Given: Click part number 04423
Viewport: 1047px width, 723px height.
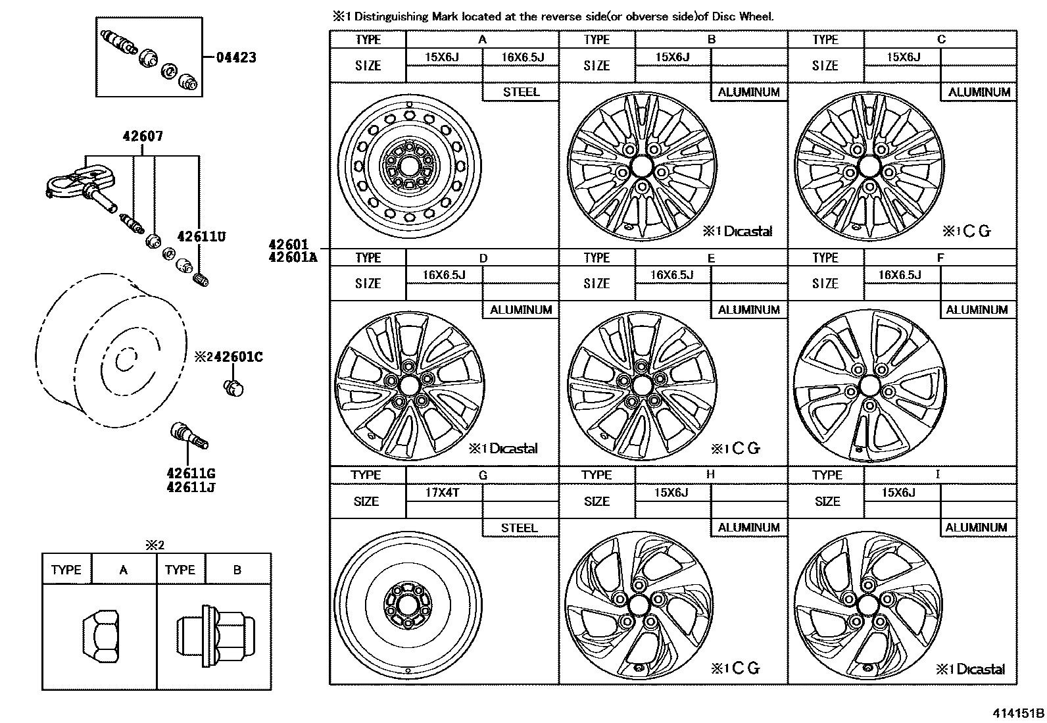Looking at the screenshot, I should coord(236,57).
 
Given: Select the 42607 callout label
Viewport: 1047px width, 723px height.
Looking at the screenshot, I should coord(143,137).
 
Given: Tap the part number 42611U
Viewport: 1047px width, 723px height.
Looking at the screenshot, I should coord(201,236).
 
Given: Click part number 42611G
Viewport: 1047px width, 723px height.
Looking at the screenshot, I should coord(191,473).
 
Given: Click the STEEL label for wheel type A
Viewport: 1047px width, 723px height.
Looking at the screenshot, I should coord(520,92).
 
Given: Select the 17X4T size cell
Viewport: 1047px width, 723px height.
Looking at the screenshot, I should coord(443,493).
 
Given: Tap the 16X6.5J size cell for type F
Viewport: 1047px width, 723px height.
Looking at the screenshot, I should coord(900,275).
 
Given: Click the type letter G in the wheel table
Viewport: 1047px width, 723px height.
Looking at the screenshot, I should coord(483,475).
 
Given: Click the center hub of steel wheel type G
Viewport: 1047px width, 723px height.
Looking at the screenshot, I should coord(405,602).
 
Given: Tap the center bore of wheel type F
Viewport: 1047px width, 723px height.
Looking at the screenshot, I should coord(869,386).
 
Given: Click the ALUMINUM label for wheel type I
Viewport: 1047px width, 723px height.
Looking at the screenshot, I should coord(976,528).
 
